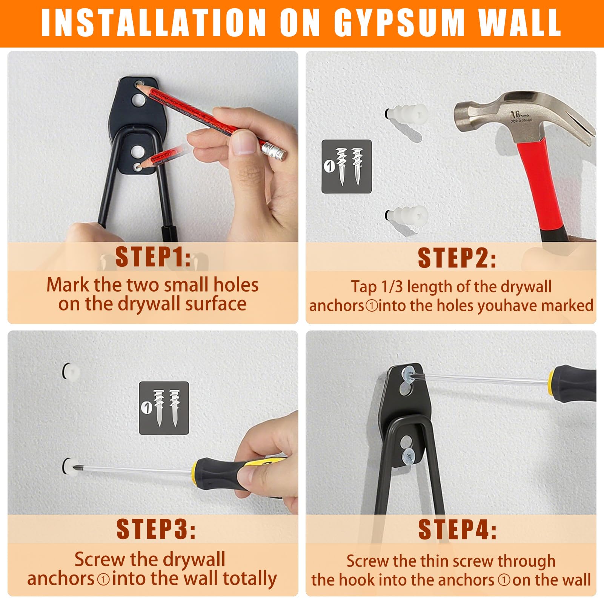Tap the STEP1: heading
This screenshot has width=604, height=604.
[153, 257]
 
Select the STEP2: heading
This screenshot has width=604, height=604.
[457, 258]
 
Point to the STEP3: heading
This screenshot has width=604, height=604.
[156, 529]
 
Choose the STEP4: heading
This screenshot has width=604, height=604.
[457, 529]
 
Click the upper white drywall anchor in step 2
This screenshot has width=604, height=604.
[407, 112]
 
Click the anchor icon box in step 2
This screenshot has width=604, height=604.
[346, 166]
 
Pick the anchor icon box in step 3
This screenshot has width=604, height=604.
[164, 408]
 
